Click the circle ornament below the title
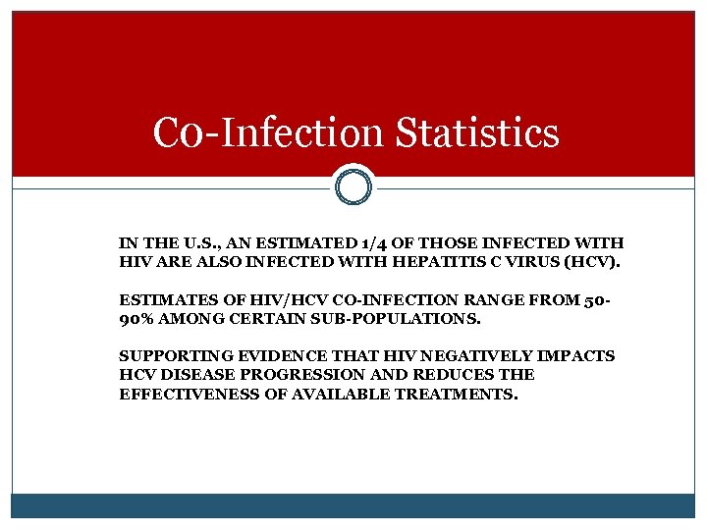[353, 185]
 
